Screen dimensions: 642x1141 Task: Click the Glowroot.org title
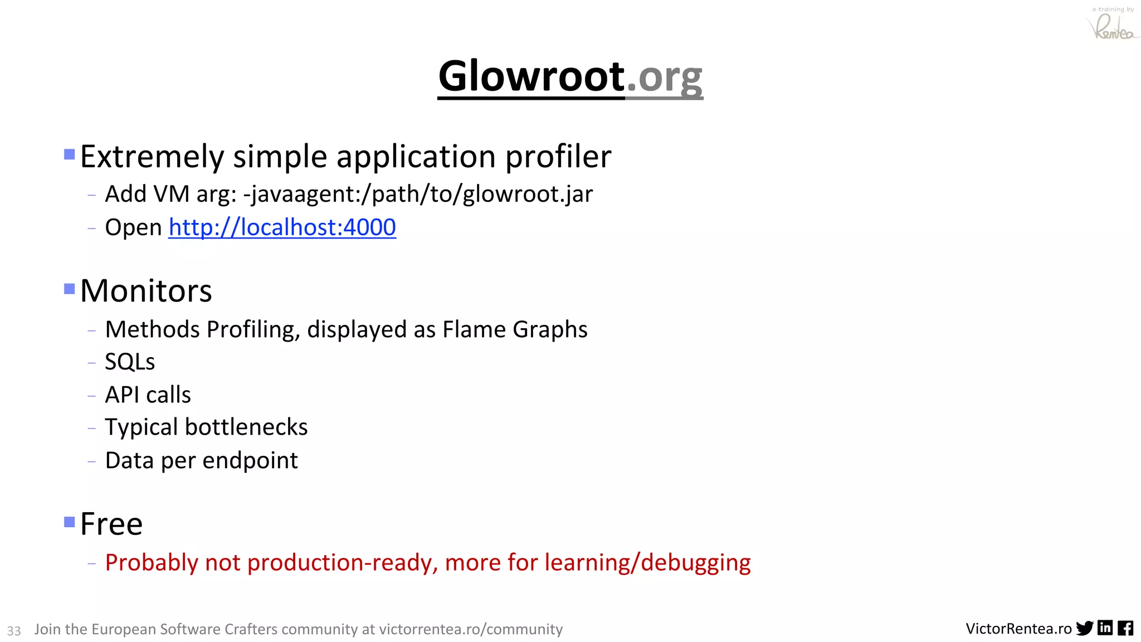click(570, 76)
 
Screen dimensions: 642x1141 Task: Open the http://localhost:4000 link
click(282, 227)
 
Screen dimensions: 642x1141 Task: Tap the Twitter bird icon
click(1084, 628)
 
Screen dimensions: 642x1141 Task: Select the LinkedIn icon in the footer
click(1105, 628)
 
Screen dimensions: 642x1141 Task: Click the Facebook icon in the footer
click(1125, 628)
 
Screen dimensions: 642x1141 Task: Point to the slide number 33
click(14, 630)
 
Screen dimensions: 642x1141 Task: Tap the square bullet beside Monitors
click(70, 289)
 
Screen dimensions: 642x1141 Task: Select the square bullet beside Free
click(70, 522)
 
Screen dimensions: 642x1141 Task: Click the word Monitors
click(146, 291)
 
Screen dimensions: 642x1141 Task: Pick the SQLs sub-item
click(130, 362)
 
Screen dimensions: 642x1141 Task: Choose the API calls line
click(148, 395)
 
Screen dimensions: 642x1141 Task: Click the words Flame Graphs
click(515, 329)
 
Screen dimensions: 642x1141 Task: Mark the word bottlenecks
click(246, 427)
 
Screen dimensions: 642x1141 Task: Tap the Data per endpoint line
click(201, 461)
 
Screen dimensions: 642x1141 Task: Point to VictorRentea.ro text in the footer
click(1018, 629)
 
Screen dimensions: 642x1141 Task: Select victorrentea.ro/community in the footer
click(471, 629)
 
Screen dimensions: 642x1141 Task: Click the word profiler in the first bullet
click(558, 157)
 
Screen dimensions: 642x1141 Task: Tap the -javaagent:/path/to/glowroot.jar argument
click(418, 194)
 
